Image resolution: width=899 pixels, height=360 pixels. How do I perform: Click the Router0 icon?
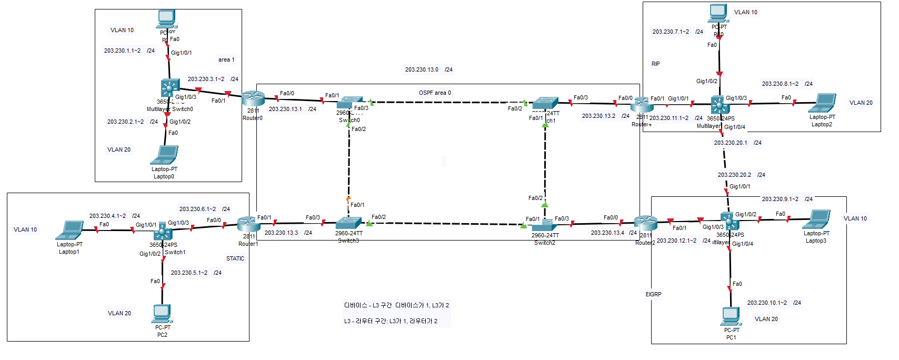[x=253, y=98]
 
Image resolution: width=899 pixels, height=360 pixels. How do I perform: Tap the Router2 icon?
[x=645, y=223]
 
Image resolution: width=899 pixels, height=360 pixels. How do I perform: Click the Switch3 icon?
[x=348, y=223]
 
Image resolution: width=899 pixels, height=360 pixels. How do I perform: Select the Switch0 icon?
[x=349, y=103]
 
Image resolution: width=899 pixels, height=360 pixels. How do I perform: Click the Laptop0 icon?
[x=164, y=155]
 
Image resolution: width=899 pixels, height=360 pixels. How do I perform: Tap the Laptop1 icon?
[x=69, y=231]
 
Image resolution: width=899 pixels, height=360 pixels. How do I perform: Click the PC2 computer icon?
[x=162, y=314]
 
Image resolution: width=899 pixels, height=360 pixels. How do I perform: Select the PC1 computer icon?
[x=731, y=316]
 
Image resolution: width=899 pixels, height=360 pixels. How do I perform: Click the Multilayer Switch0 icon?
[x=170, y=89]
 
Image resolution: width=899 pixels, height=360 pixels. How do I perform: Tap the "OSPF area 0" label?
[x=435, y=93]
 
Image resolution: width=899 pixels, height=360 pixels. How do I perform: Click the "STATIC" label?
[x=235, y=258]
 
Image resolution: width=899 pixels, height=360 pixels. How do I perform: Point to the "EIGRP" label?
[x=653, y=294]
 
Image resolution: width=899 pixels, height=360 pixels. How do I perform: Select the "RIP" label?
[x=655, y=64]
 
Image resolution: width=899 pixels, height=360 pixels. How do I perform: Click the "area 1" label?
[x=226, y=59]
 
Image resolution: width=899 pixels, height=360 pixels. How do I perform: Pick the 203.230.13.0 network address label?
[x=422, y=69]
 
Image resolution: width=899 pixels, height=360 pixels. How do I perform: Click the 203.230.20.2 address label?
[x=734, y=175]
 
